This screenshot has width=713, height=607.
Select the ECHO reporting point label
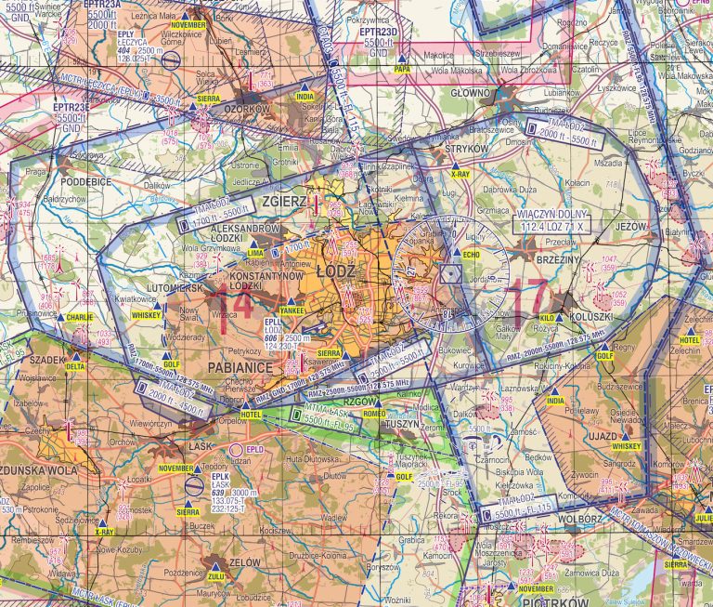(x=471, y=254)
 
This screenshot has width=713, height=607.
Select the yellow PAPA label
(x=401, y=69)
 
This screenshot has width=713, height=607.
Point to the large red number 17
(x=526, y=297)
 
